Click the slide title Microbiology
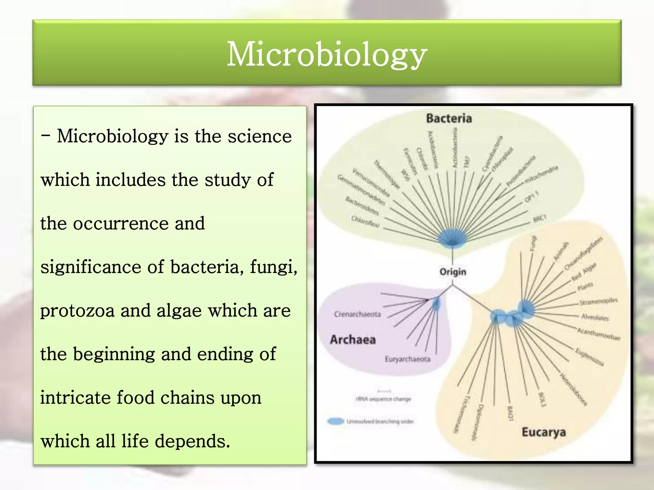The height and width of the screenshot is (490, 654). [327, 54]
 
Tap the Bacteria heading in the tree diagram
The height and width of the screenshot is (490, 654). [449, 118]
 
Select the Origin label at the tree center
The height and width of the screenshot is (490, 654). [453, 272]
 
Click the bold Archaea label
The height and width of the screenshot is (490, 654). [353, 339]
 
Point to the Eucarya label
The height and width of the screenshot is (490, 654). [544, 432]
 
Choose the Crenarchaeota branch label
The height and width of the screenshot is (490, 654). [357, 314]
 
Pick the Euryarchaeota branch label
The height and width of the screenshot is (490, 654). [407, 359]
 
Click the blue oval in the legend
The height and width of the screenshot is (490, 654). [336, 421]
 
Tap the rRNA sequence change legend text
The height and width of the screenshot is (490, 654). [383, 399]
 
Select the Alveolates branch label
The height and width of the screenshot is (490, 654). [595, 317]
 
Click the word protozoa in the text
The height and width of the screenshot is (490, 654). [77, 311]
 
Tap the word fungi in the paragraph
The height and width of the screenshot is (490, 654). [273, 267]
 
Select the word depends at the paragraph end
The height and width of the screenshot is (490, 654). [192, 441]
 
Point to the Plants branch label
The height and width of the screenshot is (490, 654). [585, 287]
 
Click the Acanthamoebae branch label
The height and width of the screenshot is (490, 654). [598, 334]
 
